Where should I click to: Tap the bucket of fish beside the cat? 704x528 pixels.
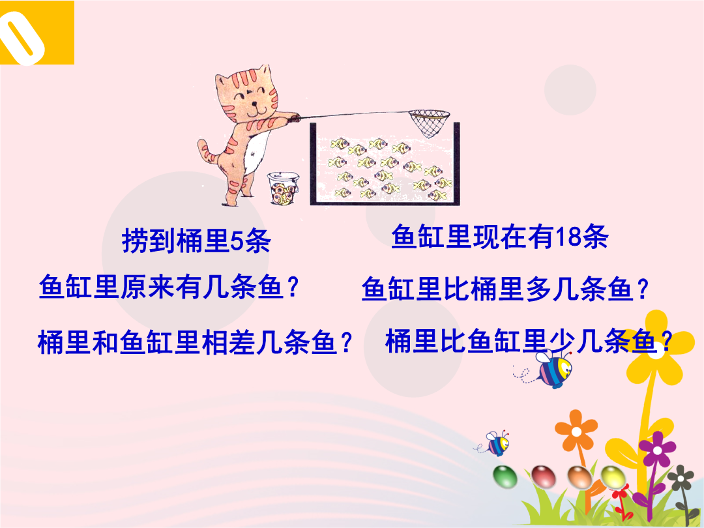coord(284,188)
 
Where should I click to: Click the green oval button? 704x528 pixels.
coord(505,477)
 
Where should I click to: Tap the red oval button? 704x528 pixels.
coord(543,477)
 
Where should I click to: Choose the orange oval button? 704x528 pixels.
coord(579,477)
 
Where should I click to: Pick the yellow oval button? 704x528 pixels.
coord(613,477)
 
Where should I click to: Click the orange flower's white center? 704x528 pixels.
coord(576,432)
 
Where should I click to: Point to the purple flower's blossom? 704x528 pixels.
coord(657,449)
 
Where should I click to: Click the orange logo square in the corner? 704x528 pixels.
coord(37,33)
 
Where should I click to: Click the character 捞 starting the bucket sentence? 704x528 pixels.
coord(135,241)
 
